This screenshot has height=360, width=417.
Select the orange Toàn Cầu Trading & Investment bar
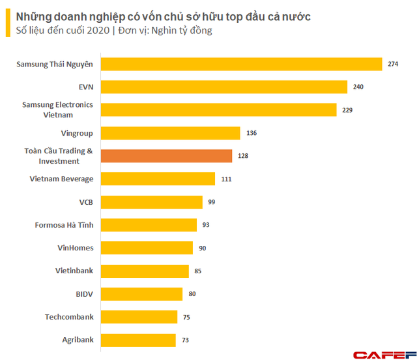pyautogui.click(x=167, y=156)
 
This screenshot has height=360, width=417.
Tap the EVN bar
pyautogui.click(x=225, y=87)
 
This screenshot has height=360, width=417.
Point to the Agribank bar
pyautogui.click(x=139, y=340)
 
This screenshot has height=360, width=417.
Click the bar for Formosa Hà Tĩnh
pyautogui.click(x=149, y=225)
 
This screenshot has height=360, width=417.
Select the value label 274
pyautogui.click(x=393, y=64)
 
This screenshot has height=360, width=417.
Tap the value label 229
pyautogui.click(x=348, y=110)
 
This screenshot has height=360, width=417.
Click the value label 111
pyautogui.click(x=226, y=179)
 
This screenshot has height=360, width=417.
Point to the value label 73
pyautogui.click(x=185, y=340)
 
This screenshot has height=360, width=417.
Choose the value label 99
pyautogui.click(x=212, y=202)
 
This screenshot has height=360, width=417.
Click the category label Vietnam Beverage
pyautogui.click(x=61, y=179)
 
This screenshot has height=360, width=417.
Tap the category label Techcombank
pyautogui.click(x=69, y=317)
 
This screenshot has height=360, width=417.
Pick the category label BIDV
pyautogui.click(x=84, y=294)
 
